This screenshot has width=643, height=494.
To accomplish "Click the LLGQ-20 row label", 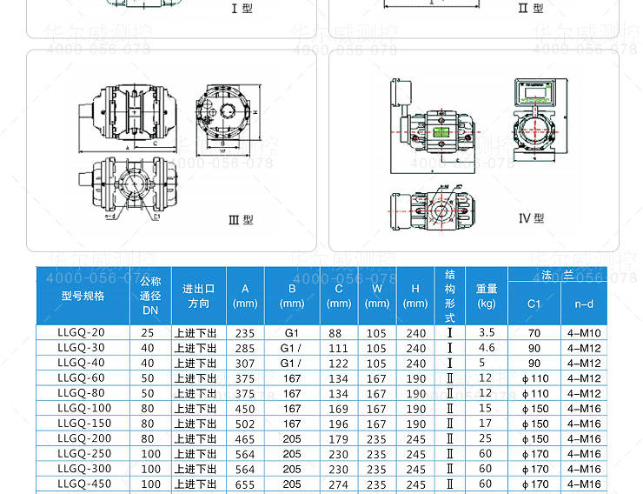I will (81, 333).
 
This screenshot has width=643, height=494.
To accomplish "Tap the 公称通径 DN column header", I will (150, 296).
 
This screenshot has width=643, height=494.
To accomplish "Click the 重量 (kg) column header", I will (487, 296).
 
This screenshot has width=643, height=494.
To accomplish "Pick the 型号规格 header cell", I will (83, 296).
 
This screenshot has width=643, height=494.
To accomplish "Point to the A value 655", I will (246, 484).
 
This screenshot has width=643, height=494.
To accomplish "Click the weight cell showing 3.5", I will (487, 333).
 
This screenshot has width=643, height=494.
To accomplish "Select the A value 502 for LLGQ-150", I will (246, 424).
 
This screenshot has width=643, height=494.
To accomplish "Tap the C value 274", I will (338, 484).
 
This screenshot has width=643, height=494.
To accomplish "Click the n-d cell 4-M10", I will (584, 333).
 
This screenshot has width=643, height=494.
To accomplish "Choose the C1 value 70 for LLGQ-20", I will (534, 333).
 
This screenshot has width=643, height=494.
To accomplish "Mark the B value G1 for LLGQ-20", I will (291, 333).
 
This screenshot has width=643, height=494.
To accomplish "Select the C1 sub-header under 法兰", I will (534, 304).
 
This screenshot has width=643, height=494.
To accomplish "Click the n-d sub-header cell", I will (584, 304).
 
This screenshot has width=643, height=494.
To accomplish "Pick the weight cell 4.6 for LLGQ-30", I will (487, 348).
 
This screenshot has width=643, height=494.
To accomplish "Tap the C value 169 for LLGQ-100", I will (338, 409).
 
